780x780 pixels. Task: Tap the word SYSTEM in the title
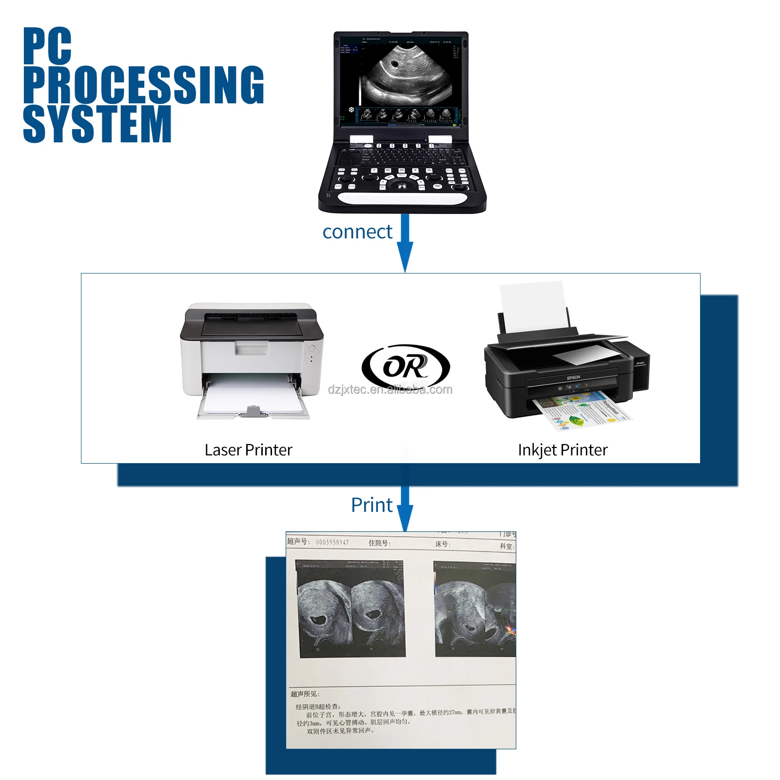pyautogui.click(x=97, y=124)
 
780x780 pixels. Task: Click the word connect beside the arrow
pyautogui.click(x=357, y=232)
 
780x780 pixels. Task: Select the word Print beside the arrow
pyautogui.click(x=371, y=505)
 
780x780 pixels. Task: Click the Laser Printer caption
pyautogui.click(x=248, y=450)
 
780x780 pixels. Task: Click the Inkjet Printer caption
pyautogui.click(x=563, y=450)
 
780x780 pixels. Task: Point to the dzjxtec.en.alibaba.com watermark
pyautogui.click(x=390, y=390)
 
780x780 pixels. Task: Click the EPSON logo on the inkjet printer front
pyautogui.click(x=573, y=377)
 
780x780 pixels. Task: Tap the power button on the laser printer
pyautogui.click(x=312, y=349)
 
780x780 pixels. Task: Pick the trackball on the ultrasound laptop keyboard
pyautogui.click(x=403, y=186)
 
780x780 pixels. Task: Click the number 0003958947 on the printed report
pyautogui.click(x=332, y=542)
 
